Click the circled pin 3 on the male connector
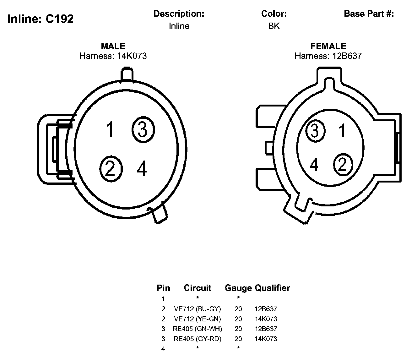(x=143, y=129)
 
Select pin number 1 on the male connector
(x=110, y=129)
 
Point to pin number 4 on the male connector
(x=142, y=168)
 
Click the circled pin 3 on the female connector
(x=315, y=130)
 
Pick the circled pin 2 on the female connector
(x=343, y=165)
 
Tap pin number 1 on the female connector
(x=342, y=131)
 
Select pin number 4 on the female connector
(x=314, y=165)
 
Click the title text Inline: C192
(x=41, y=19)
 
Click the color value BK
(x=274, y=26)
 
